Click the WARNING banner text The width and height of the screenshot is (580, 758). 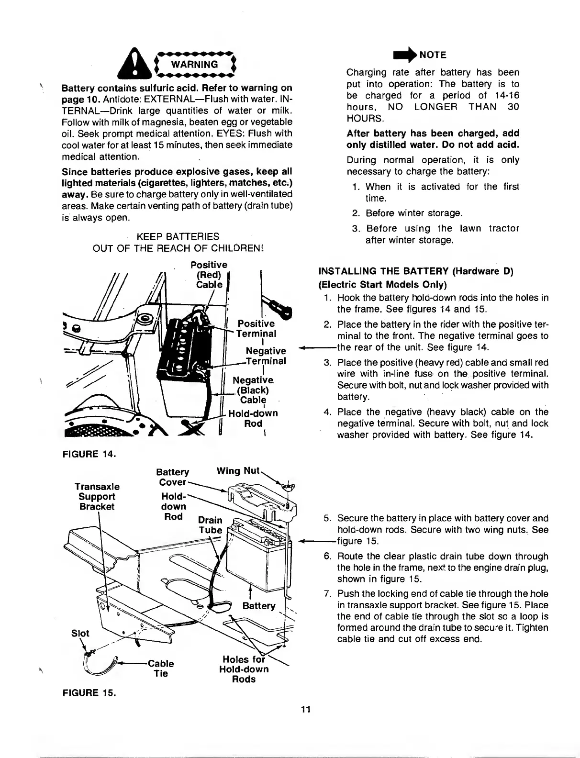pyautogui.click(x=201, y=64)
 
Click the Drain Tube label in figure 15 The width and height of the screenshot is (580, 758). pyautogui.click(x=210, y=525)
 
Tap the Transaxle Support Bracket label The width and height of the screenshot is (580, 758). pyautogui.click(x=97, y=496)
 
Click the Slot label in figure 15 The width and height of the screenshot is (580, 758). pyautogui.click(x=80, y=633)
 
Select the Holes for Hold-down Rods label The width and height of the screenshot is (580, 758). pyautogui.click(x=244, y=669)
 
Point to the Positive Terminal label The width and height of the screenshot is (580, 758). pyautogui.click(x=257, y=328)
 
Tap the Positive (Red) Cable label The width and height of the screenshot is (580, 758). pyautogui.click(x=209, y=275)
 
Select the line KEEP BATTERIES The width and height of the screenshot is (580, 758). pyautogui.click(x=178, y=236)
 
